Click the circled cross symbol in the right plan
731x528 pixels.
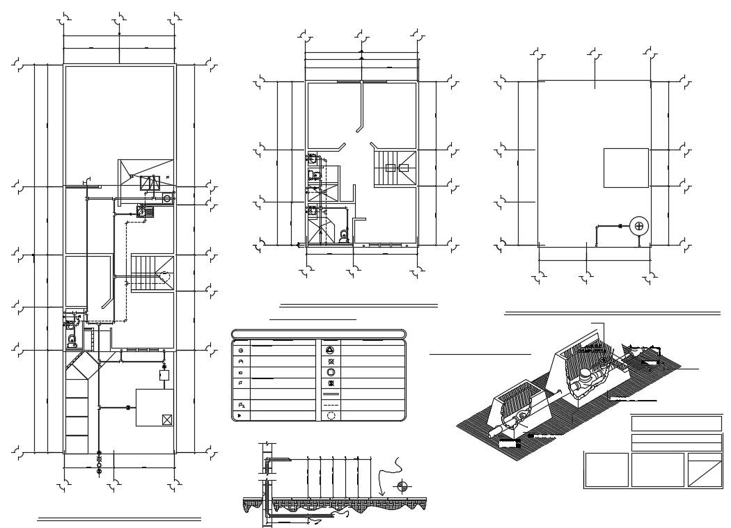639,226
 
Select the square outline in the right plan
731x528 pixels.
625,168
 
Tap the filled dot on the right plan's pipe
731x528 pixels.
620,226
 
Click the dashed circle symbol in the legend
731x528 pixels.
331,415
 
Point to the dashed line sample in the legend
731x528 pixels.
331,404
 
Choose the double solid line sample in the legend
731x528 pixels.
331,394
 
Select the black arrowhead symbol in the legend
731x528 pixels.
241,415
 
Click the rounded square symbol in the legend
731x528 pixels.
331,372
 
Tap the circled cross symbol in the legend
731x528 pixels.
241,351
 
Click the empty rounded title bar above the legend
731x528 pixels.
318,333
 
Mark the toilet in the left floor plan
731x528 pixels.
72,340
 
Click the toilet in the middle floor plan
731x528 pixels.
343,237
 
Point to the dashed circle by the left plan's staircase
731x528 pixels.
165,276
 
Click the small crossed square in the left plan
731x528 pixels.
166,419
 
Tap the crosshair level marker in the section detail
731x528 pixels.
401,487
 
